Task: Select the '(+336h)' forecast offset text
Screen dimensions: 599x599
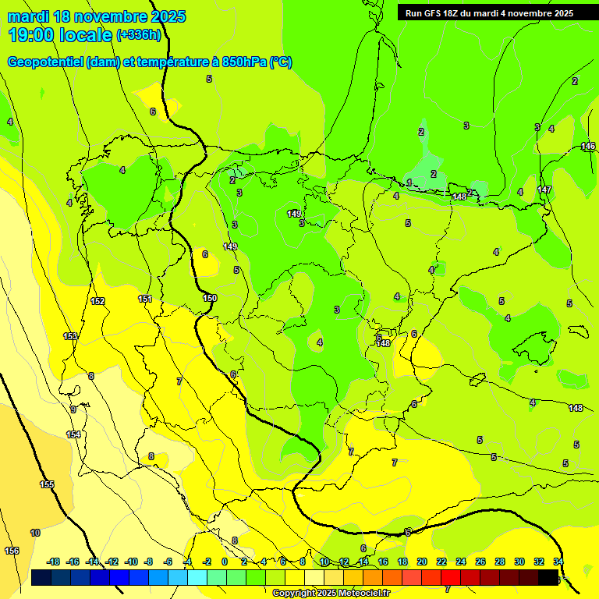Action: [139, 35]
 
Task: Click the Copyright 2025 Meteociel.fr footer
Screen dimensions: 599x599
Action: [331, 593]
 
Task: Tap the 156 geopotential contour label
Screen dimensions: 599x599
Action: [12, 551]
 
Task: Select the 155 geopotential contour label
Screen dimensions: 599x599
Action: [47, 484]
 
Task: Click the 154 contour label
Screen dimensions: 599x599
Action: [73, 434]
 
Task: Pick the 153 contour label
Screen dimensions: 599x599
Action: [70, 336]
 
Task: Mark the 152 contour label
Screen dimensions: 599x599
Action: [97, 301]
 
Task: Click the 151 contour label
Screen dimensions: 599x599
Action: [145, 299]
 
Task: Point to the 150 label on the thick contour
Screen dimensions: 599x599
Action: [210, 298]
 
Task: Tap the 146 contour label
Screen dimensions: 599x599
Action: [588, 146]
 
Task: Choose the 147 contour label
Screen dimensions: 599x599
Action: [544, 190]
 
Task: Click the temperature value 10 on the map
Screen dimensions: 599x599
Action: [35, 533]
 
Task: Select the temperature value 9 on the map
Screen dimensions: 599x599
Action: [73, 409]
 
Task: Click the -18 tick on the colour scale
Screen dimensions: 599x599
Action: [53, 562]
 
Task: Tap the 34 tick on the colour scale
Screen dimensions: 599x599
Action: [558, 562]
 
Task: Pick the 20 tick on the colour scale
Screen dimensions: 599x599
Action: [422, 562]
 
